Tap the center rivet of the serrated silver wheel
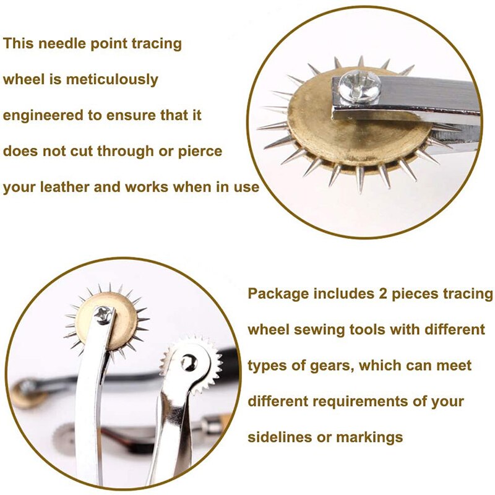tap(186, 361)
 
